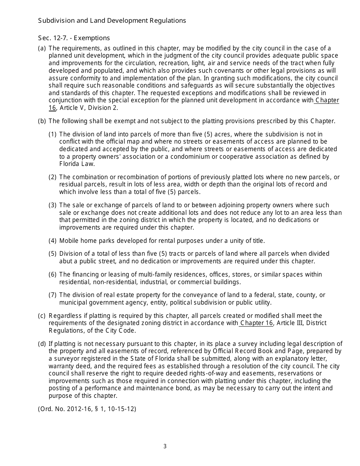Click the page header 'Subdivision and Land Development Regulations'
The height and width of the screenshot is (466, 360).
pyautogui.click(x=112, y=21)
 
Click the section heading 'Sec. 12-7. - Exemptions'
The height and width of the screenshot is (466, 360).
pyautogui.click(x=74, y=38)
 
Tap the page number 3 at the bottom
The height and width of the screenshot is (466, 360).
pyautogui.click(x=165, y=446)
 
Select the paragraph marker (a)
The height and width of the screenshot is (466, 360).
pyautogui.click(x=42, y=48)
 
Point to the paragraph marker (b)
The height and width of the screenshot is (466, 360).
pyautogui.click(x=42, y=121)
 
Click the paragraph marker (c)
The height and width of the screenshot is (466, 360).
pyautogui.click(x=42, y=316)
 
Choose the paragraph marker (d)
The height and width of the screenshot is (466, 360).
pyautogui.click(x=42, y=344)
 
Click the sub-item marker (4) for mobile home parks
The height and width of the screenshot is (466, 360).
pyautogui.click(x=53, y=241)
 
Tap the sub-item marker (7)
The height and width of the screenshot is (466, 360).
pyautogui.click(x=53, y=295)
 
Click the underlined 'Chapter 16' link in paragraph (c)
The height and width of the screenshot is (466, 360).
pyautogui.click(x=256, y=323)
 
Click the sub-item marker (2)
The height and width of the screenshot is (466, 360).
pyautogui.click(x=53, y=177)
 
